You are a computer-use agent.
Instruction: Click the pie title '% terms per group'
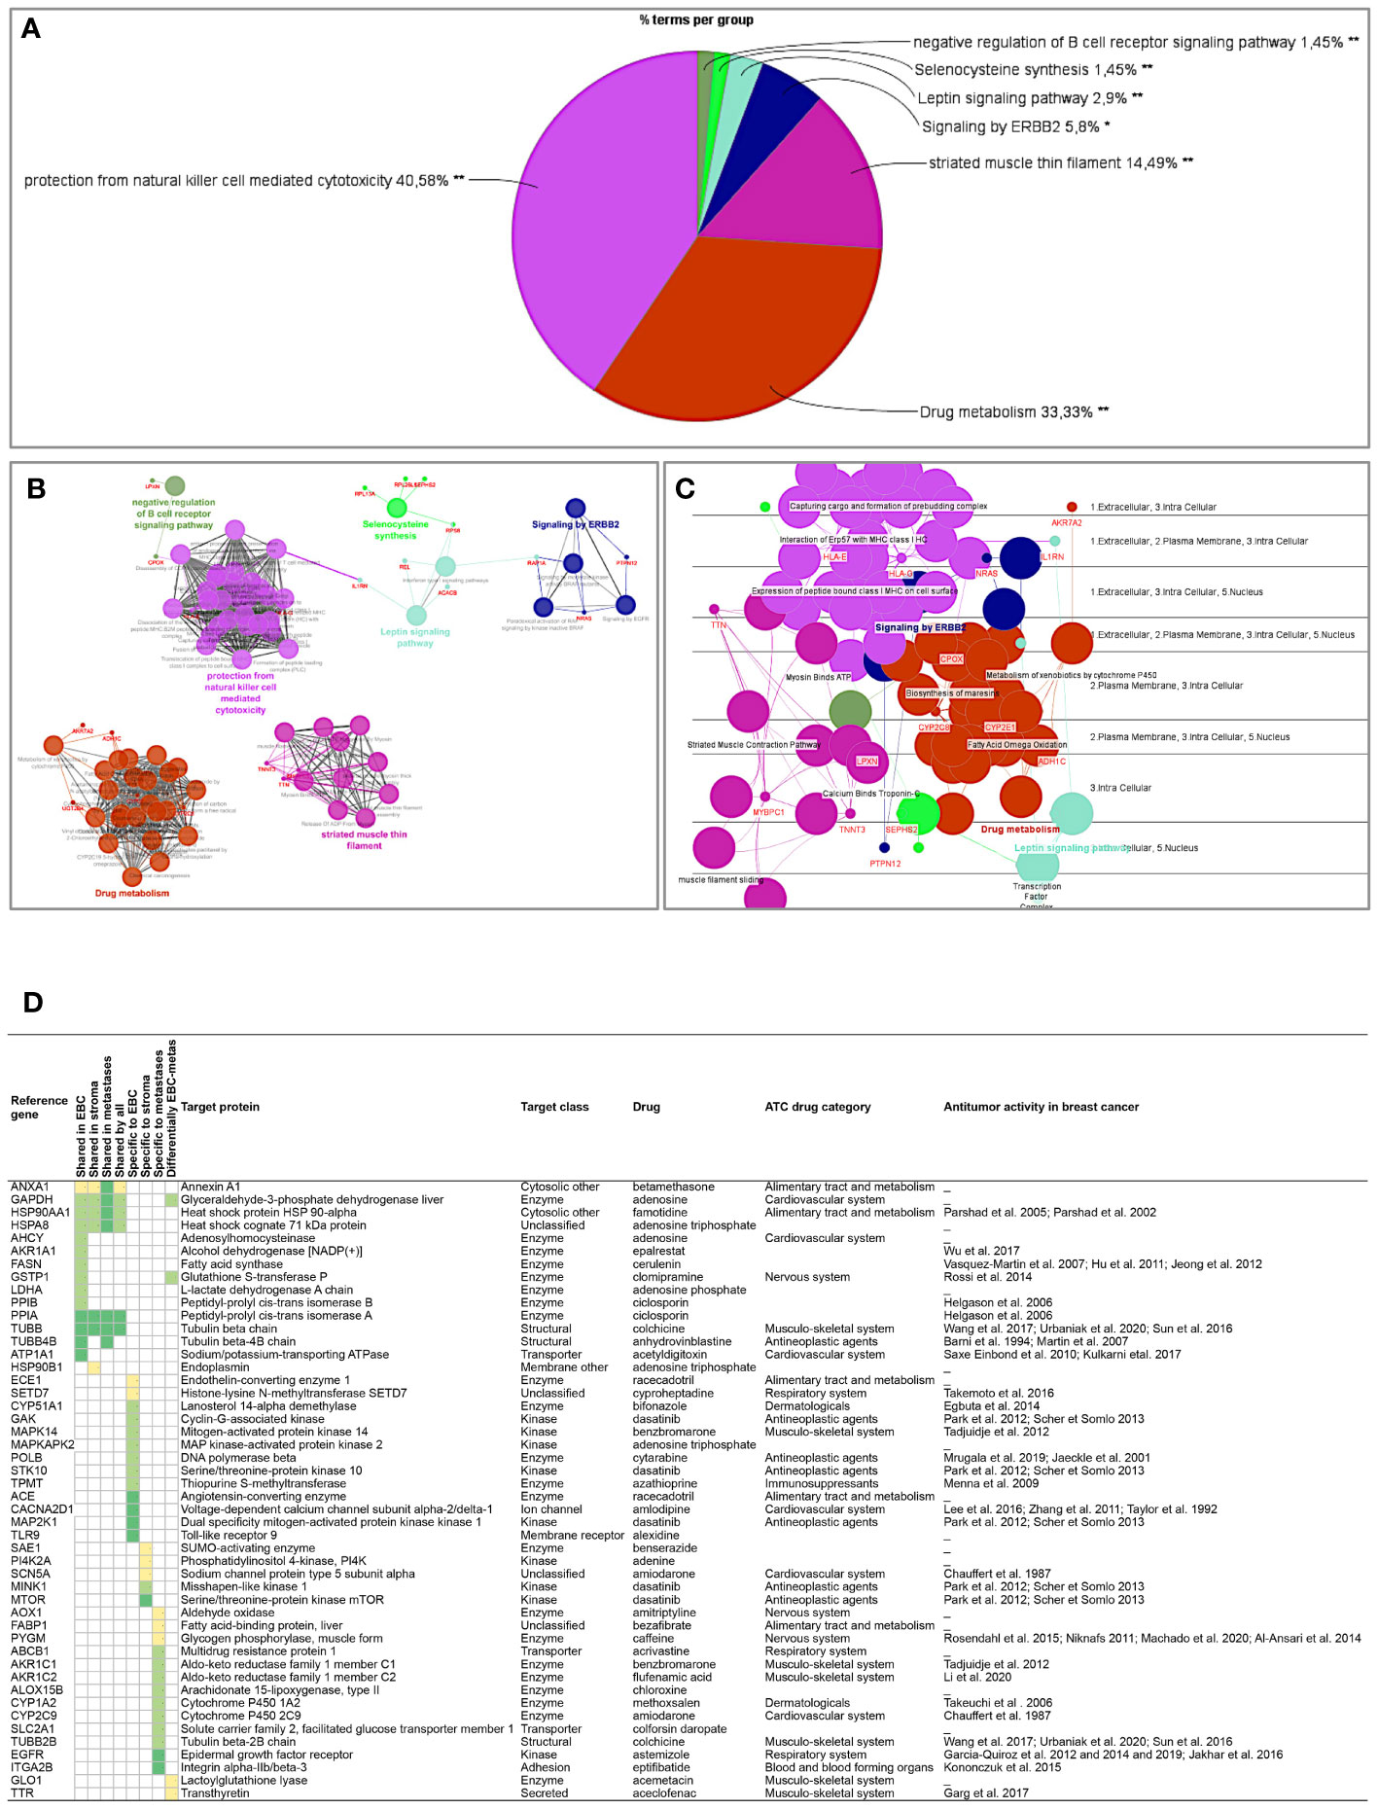696,20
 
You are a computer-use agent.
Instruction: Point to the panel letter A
31,29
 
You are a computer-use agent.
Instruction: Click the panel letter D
32,1002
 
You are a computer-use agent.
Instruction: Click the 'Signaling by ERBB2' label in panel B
575,525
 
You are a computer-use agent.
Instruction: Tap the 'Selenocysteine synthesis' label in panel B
395,530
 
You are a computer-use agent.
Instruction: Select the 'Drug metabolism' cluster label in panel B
132,894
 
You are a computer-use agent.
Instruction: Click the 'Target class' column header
554,1107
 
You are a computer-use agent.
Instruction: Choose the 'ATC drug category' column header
818,1107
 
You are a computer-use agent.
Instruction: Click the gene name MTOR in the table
28,1600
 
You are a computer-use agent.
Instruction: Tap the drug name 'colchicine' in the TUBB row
658,1329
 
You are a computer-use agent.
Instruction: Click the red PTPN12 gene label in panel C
885,864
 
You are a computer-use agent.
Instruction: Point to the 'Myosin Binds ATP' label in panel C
818,677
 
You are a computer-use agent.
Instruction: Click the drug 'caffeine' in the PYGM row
654,1639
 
